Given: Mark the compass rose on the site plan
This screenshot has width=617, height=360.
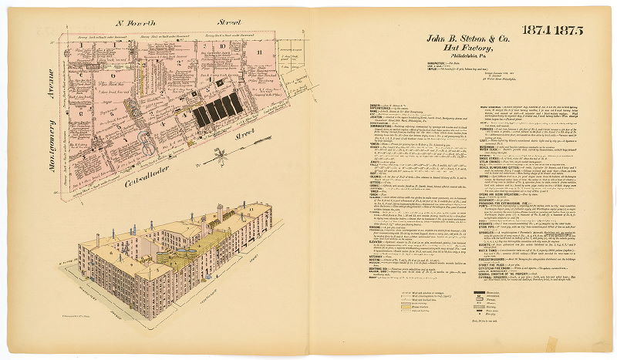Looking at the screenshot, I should tap(221, 162).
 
